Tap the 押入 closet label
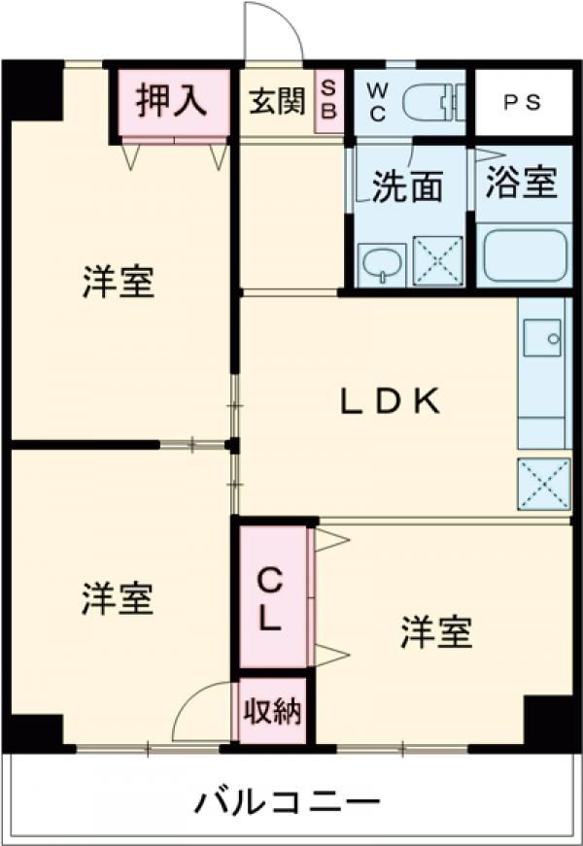point(171,101)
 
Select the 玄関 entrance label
point(277,102)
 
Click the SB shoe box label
point(328,102)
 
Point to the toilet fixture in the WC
point(433,101)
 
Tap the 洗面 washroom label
point(407,186)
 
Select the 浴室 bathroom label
point(522,182)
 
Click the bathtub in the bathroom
point(523,254)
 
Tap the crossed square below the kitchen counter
point(543,483)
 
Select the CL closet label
point(271,599)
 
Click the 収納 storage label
point(273,713)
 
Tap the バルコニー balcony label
point(287,803)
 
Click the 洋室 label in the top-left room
point(118,282)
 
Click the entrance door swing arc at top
point(272,34)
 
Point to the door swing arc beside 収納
point(201,712)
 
